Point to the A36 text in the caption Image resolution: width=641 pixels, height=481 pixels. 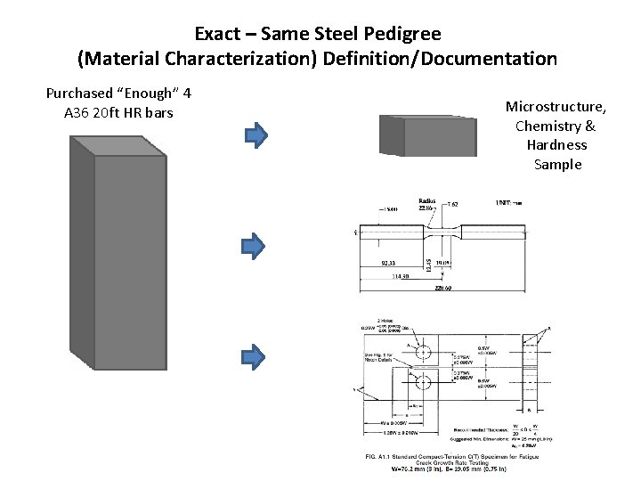(x=79, y=113)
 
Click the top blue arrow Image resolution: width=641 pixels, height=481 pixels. (x=256, y=135)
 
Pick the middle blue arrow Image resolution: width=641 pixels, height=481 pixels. (x=256, y=244)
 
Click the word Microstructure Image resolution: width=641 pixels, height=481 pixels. (x=556, y=107)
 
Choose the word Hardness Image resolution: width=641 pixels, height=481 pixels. (x=556, y=145)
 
